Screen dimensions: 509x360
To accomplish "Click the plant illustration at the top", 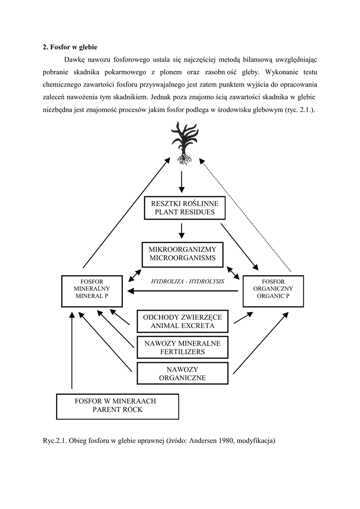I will coord(183,142).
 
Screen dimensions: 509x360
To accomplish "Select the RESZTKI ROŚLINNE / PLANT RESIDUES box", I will coord(184,208).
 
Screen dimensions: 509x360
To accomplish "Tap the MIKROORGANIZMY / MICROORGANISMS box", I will coord(182,254).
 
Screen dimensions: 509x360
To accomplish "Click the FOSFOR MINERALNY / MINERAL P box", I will coord(92,291).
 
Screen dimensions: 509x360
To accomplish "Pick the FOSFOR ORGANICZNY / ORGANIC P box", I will coord(273,291).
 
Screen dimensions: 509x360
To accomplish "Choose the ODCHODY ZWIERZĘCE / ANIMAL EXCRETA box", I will coord(182,322).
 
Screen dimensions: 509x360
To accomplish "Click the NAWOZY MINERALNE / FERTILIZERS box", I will coord(182,347).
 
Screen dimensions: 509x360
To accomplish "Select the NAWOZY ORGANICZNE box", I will coord(182,373).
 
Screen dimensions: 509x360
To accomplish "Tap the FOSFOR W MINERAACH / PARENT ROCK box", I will coord(117,406).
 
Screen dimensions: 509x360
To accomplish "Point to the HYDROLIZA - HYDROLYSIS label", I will coord(187,281).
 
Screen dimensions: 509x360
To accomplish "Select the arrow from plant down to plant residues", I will coord(181,181).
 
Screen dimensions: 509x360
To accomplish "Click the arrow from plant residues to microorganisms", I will coord(181,230).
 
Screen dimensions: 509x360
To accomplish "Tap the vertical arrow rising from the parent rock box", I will coord(72,350).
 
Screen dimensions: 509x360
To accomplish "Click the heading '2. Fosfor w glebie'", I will coord(70,47).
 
